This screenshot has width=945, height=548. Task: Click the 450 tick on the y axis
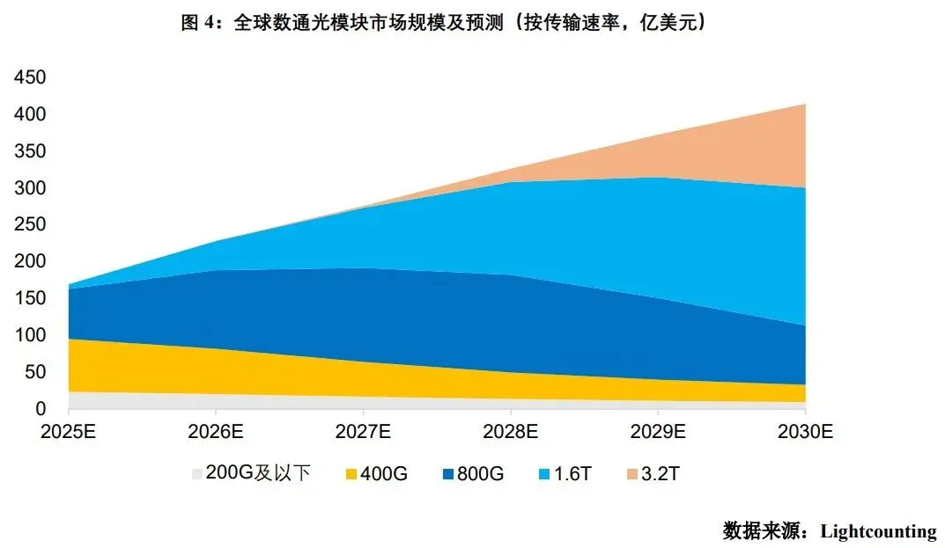pyautogui.click(x=29, y=77)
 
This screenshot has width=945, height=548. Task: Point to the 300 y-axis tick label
pyautogui.click(x=29, y=188)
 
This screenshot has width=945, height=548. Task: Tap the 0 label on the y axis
pyautogui.click(x=41, y=409)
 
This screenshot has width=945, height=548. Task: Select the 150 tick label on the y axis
pyautogui.click(x=29, y=298)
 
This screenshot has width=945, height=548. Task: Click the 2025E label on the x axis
pyautogui.click(x=69, y=432)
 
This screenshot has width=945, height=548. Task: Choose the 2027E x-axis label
pyautogui.click(x=363, y=432)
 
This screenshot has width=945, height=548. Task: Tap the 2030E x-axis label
pyautogui.click(x=805, y=432)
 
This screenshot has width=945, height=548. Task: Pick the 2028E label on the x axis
pyautogui.click(x=510, y=432)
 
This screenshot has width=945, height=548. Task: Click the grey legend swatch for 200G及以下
pyautogui.click(x=196, y=474)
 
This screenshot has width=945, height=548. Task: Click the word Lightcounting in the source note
pyautogui.click(x=878, y=531)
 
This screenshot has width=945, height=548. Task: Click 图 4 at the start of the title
pyautogui.click(x=196, y=24)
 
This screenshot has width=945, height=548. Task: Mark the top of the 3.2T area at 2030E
pyautogui.click(x=804, y=104)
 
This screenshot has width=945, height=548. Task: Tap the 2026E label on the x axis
pyautogui.click(x=216, y=432)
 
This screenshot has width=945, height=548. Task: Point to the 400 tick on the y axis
pyautogui.click(x=29, y=114)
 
